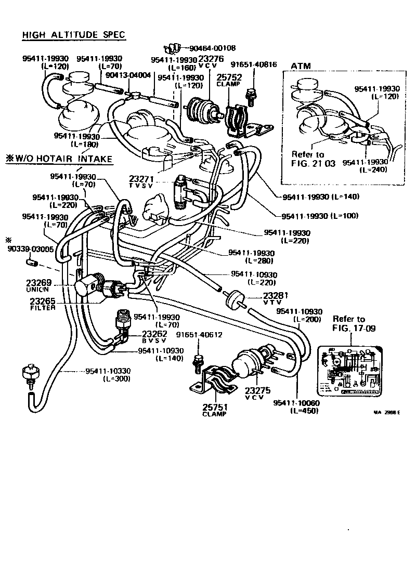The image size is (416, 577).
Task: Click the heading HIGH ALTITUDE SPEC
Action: [x=74, y=35]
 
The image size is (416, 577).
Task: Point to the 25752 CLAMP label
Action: [x=229, y=80]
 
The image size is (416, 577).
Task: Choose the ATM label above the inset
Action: [x=301, y=66]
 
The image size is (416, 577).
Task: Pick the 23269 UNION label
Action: [x=38, y=285]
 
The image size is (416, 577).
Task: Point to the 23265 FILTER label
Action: [x=42, y=304]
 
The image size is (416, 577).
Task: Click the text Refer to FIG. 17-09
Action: [x=348, y=323]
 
